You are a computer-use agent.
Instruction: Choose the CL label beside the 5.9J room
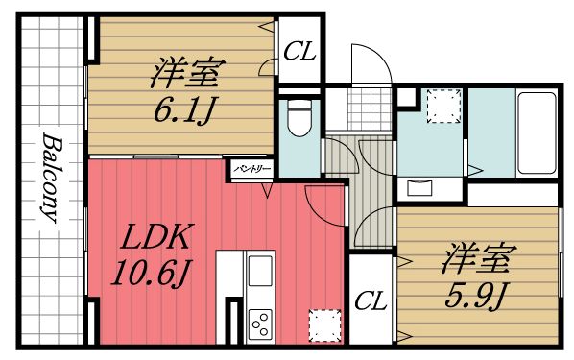[x=370, y=300]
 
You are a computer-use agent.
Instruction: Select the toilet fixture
[x=298, y=119]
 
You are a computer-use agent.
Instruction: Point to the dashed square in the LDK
[x=323, y=324]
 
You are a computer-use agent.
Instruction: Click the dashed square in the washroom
[x=442, y=105]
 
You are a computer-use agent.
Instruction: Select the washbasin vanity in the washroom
[x=423, y=186]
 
